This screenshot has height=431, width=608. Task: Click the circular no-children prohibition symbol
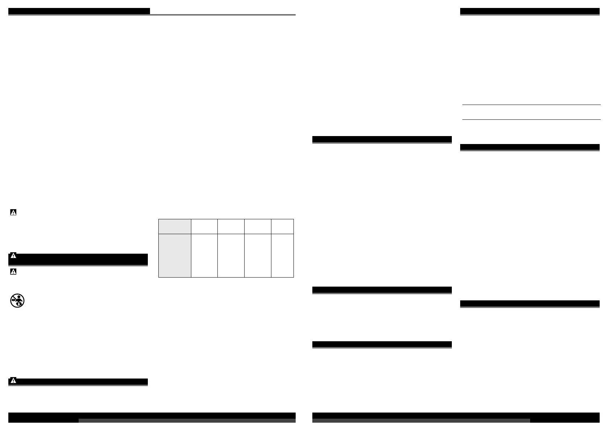point(17,301)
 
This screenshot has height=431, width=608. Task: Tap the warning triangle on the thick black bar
point(13,256)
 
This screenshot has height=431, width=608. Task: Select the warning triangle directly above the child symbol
point(13,272)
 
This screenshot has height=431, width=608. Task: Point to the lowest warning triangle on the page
point(13,381)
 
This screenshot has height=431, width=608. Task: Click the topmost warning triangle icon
point(13,213)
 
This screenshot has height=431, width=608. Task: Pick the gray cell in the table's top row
point(175,226)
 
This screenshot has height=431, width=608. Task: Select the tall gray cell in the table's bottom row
point(175,255)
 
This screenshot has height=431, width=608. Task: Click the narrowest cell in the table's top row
point(282,226)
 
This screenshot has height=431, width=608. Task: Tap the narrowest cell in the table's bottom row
point(282,255)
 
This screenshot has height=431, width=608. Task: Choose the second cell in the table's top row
point(204,226)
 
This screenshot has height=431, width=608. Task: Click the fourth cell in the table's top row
point(258,226)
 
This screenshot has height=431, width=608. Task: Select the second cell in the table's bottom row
point(204,255)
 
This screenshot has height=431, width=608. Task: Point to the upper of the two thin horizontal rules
point(531,105)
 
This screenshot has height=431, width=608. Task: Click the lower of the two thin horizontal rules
point(531,119)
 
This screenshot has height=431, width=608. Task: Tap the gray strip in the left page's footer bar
point(187,421)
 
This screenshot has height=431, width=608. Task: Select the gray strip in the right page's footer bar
point(421,421)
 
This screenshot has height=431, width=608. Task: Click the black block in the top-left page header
point(79,11)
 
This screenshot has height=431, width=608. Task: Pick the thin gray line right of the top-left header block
point(223,15)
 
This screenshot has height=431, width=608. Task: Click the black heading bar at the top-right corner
point(530,11)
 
